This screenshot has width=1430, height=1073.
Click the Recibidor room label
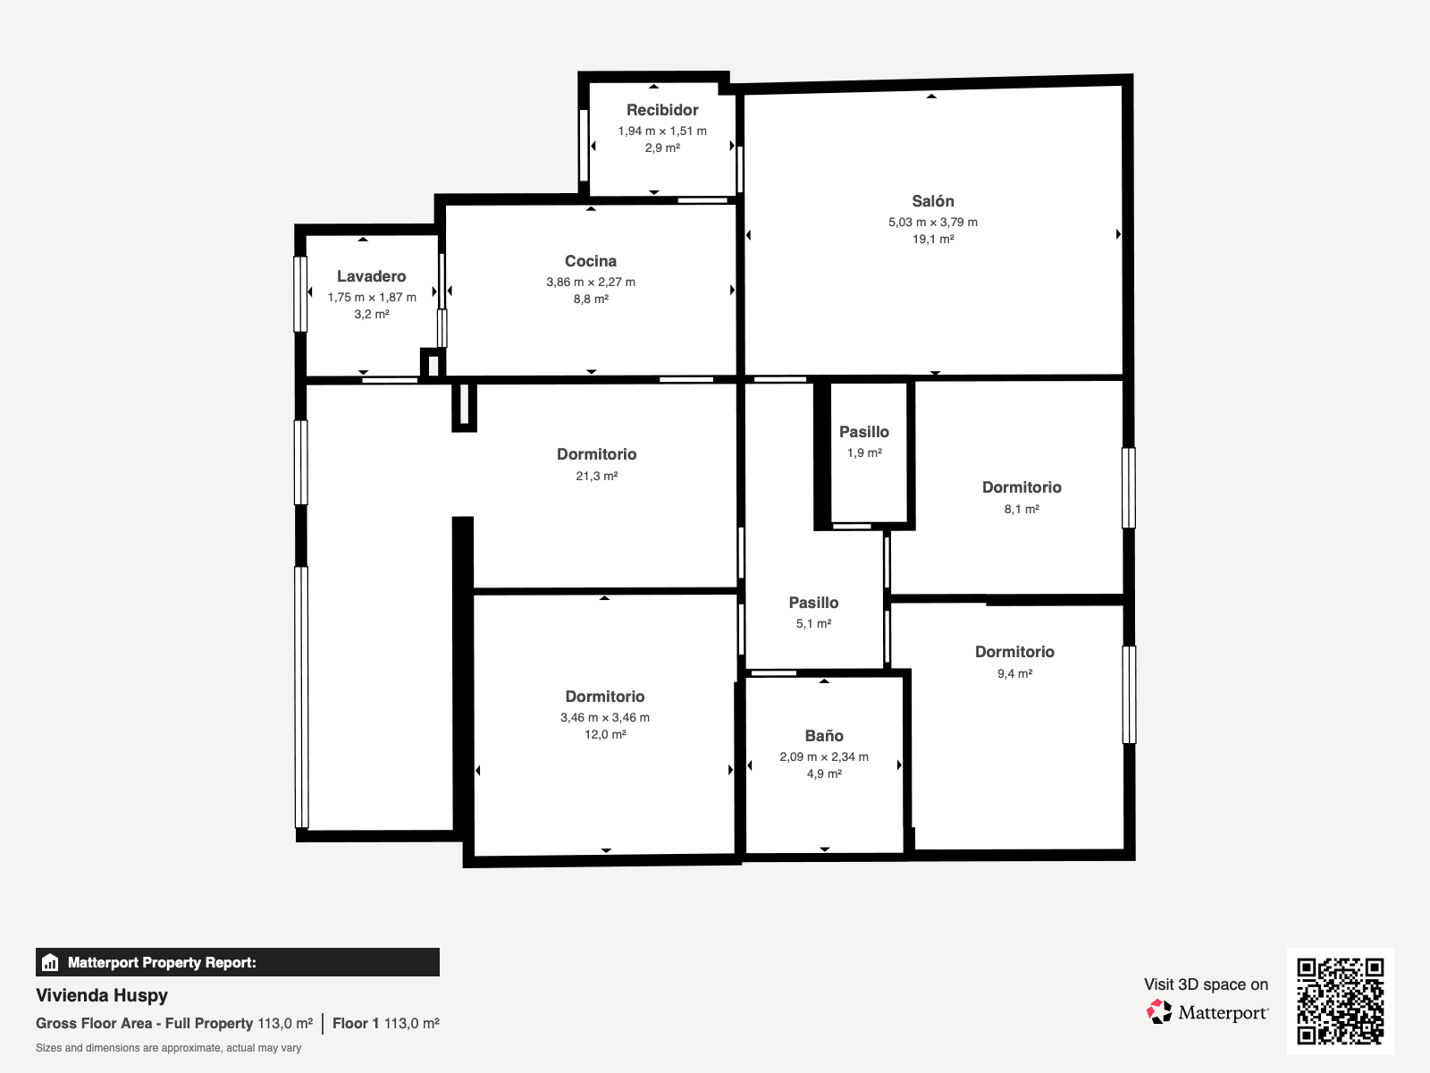(662, 110)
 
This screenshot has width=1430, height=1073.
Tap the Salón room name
(932, 201)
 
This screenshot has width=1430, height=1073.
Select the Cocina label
(590, 261)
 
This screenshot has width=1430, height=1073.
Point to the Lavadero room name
(371, 276)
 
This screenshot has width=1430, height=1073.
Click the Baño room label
(824, 736)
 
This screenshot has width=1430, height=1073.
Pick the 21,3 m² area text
(596, 477)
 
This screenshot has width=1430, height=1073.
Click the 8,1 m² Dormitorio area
(1021, 510)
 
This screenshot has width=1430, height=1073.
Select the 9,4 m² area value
(1014, 673)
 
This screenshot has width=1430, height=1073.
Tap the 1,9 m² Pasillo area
(864, 452)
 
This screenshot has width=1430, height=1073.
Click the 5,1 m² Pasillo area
(813, 623)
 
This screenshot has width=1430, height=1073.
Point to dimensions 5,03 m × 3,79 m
(932, 222)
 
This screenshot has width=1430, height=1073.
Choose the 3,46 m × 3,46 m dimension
(604, 717)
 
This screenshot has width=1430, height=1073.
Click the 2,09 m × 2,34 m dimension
(823, 756)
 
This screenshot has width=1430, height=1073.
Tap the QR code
(1340, 1001)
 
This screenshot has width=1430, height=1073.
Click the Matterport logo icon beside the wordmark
(1159, 1012)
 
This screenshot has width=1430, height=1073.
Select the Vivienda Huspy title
(102, 995)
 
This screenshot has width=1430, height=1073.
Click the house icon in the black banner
(50, 962)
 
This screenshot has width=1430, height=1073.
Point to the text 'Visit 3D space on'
(1206, 984)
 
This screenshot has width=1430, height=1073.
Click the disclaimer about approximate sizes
(168, 1048)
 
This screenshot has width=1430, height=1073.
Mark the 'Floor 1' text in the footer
(356, 1023)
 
